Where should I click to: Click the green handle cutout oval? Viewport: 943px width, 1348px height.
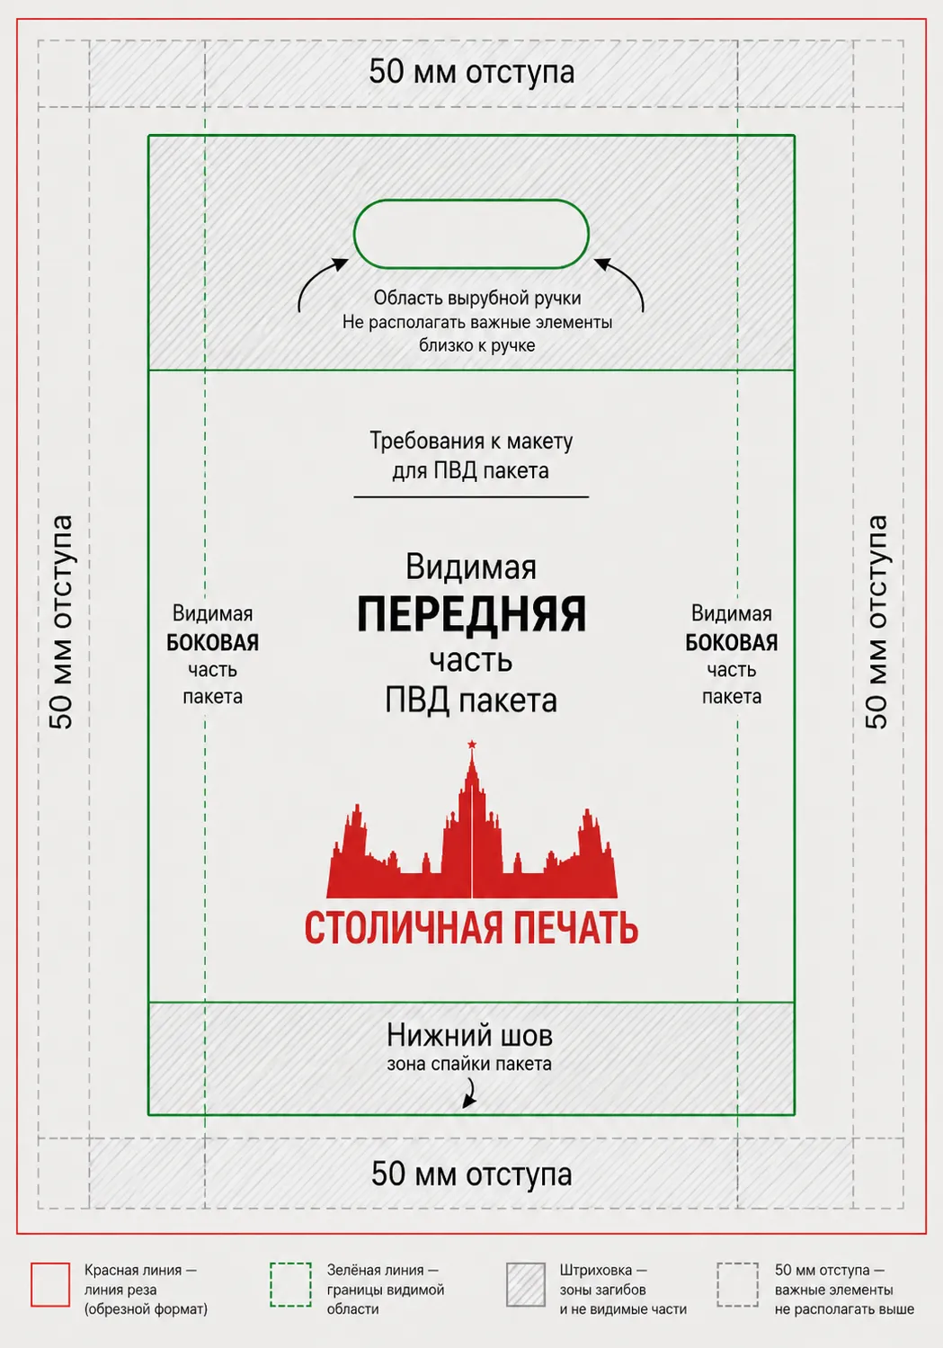(x=471, y=201)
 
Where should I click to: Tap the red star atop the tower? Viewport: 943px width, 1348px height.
(x=471, y=745)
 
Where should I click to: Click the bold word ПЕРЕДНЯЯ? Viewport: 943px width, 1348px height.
(x=471, y=614)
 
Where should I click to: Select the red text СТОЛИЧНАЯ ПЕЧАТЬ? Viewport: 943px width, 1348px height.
(x=471, y=928)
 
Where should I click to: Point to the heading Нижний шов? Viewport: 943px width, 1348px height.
(x=469, y=1036)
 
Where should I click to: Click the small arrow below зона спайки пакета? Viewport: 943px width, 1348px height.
(x=469, y=1093)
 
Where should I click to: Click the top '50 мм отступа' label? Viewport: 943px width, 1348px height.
(x=471, y=72)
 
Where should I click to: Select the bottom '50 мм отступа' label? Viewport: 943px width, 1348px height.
(x=471, y=1174)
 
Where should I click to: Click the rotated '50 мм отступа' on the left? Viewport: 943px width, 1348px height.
(x=61, y=623)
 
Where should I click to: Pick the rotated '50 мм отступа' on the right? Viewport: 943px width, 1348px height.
(x=876, y=623)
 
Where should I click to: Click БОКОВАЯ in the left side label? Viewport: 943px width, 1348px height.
(x=213, y=643)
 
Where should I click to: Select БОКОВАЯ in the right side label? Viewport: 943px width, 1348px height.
(x=732, y=643)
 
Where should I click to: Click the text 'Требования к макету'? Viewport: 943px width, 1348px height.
(x=471, y=442)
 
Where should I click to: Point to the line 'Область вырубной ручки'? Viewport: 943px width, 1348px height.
(x=477, y=299)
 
